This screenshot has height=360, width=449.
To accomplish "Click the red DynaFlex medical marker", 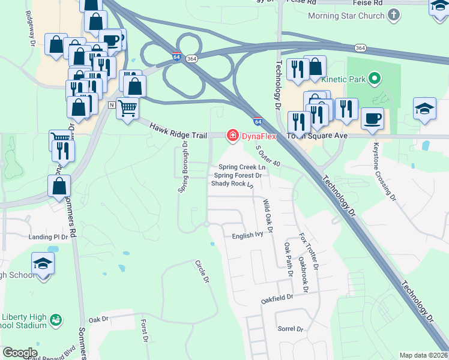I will click(x=231, y=137).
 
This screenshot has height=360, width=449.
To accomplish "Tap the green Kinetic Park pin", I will click(x=375, y=79).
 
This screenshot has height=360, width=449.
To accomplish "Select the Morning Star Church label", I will click(x=346, y=15).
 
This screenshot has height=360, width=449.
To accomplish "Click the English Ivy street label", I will click(x=249, y=236).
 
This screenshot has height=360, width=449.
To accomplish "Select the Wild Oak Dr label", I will click(x=268, y=217).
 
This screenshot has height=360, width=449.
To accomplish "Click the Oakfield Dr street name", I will click(x=277, y=297).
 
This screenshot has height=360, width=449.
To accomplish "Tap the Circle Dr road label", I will click(x=202, y=271).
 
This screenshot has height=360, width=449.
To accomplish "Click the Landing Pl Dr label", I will click(x=49, y=237).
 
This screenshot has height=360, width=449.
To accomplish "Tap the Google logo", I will click(x=20, y=353).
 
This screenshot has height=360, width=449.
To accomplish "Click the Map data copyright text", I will click(x=423, y=355).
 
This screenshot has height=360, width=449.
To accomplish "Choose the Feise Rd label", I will click(x=303, y=2).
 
